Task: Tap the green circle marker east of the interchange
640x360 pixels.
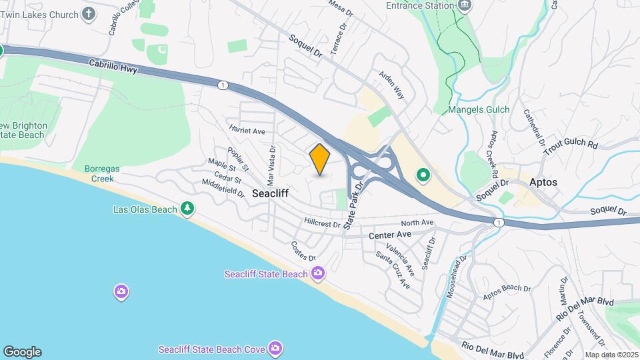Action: [423, 176]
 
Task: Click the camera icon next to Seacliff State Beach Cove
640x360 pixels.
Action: [275, 349]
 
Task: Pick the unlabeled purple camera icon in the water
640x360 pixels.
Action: [121, 291]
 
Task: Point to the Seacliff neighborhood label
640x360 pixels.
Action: [271, 193]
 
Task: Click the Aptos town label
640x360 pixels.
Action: [544, 182]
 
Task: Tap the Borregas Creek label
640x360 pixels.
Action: [102, 174]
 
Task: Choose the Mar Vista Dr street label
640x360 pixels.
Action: [271, 165]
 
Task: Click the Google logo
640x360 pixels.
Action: [22, 352]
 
